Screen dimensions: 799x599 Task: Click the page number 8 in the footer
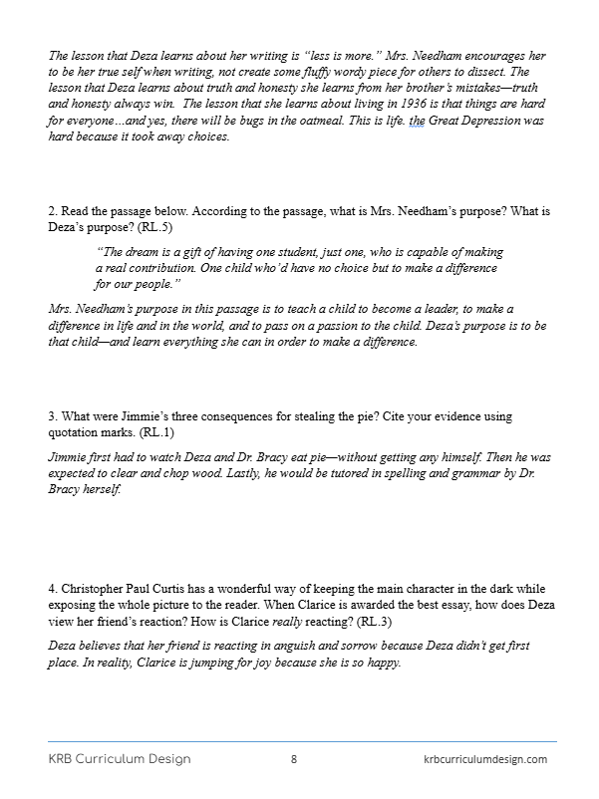(294, 759)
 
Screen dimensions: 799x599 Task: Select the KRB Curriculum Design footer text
(120, 759)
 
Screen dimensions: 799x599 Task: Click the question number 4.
(51, 589)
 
